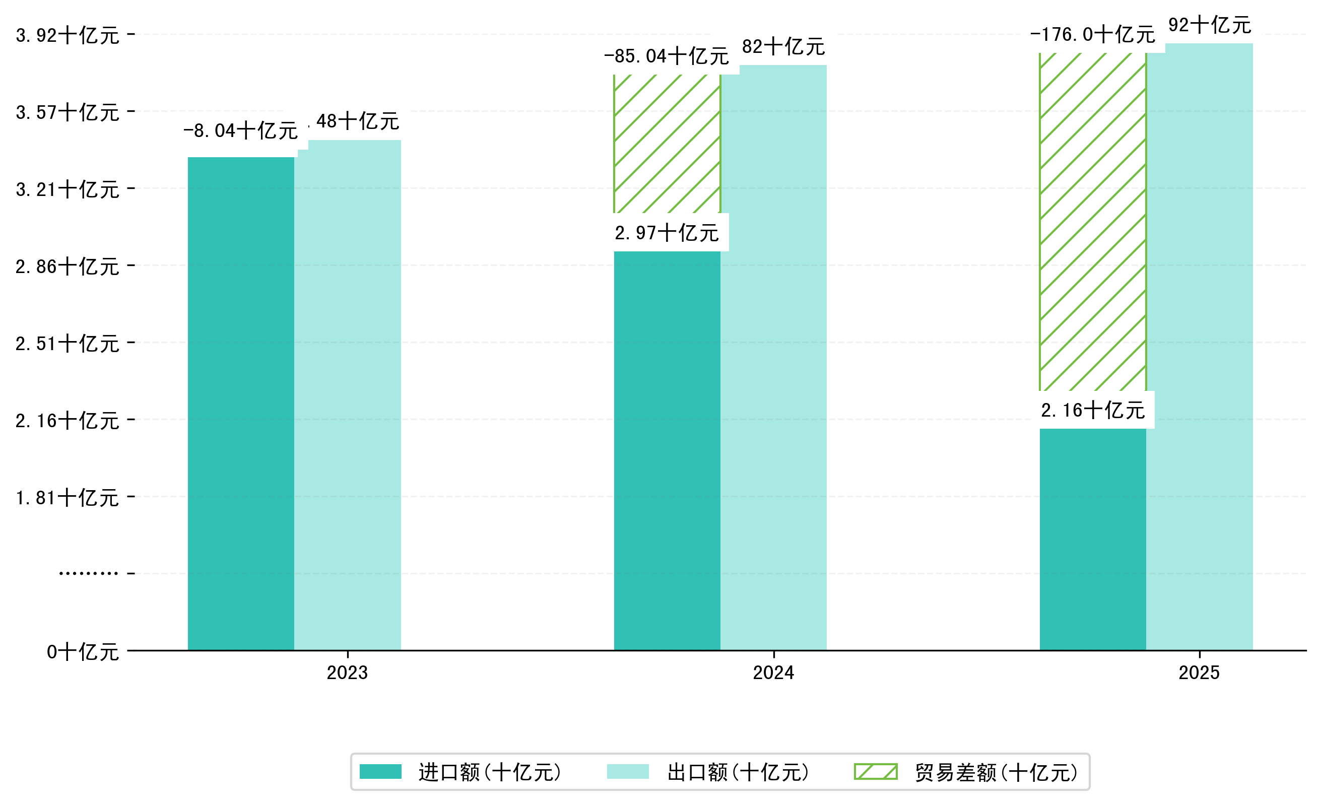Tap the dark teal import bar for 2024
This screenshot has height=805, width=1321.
667,450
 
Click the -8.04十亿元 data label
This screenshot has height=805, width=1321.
240,130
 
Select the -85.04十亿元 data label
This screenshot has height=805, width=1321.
667,56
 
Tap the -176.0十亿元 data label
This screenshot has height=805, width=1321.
1092,34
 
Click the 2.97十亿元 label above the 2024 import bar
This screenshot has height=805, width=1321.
667,233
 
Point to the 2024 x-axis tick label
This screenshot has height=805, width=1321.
773,672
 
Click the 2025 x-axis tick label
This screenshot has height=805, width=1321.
1199,672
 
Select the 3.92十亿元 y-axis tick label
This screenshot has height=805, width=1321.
68,35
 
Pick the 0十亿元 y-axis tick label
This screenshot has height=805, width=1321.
83,652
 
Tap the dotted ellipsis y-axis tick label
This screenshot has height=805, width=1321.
89,573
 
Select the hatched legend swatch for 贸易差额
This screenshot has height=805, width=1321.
876,772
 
